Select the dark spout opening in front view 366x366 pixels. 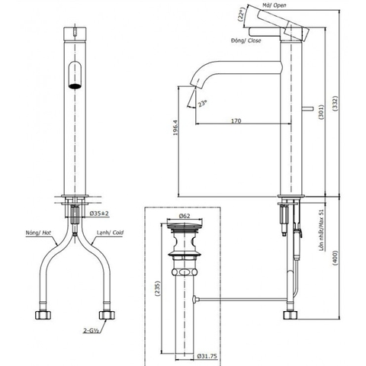pos(73,79)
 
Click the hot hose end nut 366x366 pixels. pos(42,313)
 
